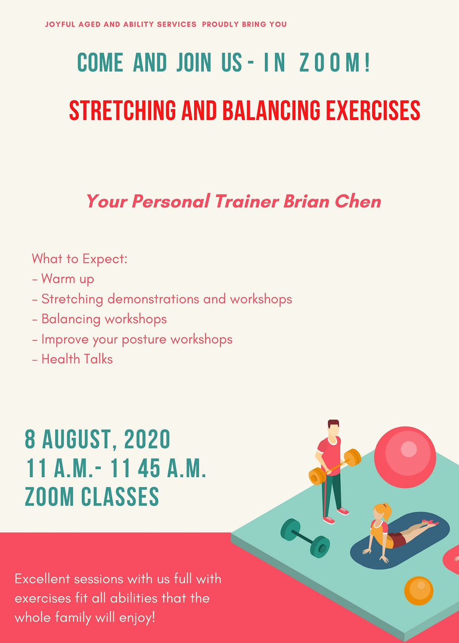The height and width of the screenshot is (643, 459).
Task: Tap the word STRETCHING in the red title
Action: coord(123,110)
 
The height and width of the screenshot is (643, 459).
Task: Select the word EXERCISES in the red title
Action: coord(373,110)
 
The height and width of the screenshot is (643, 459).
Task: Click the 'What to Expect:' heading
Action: coord(79,259)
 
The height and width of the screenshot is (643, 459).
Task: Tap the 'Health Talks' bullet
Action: coord(73,359)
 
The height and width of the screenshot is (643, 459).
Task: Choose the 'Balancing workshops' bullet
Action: coord(99,319)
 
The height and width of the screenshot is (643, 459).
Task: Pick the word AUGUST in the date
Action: coord(76,440)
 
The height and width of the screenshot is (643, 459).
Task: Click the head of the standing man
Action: coord(333,429)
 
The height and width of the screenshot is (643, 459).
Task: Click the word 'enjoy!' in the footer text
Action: coord(138,617)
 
